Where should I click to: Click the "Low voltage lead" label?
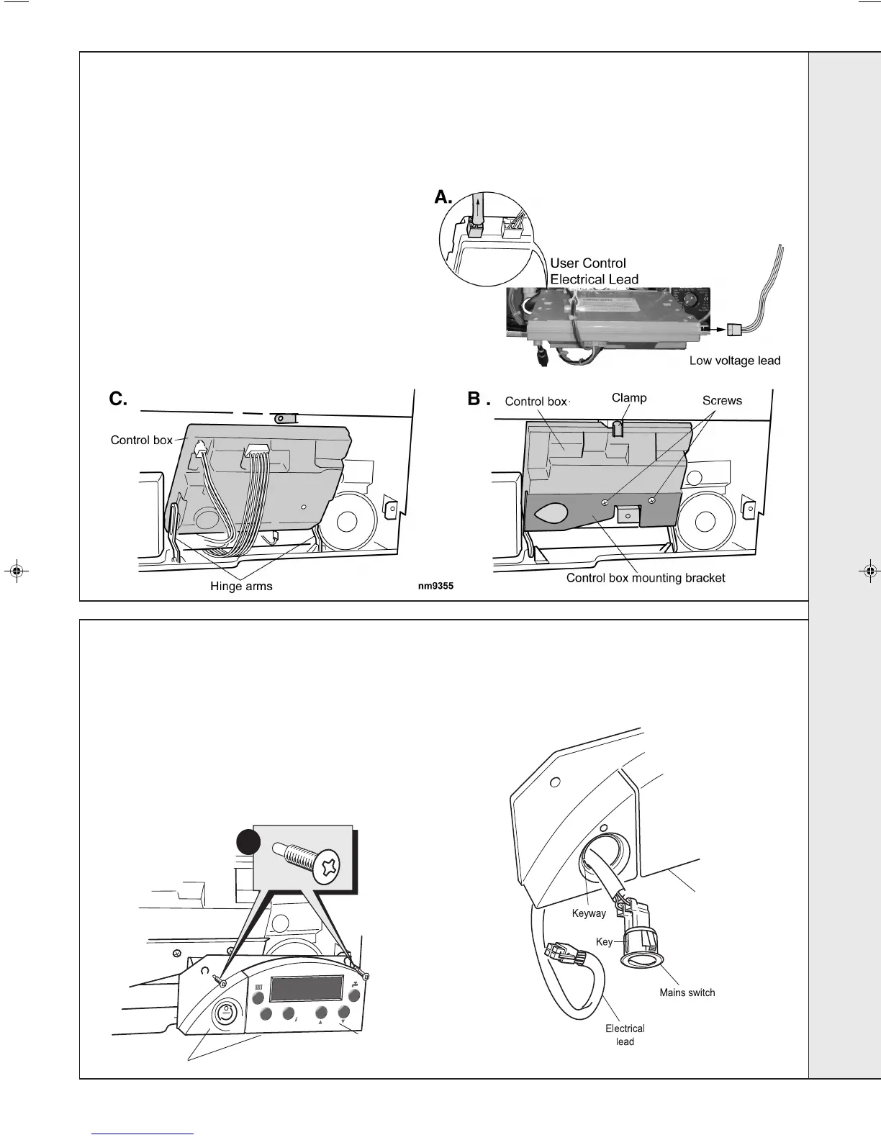click(x=734, y=361)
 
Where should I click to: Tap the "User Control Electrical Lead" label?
click(x=594, y=271)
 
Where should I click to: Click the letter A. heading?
click(x=444, y=196)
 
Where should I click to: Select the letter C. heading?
click(x=118, y=399)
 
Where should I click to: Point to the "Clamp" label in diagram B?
click(x=629, y=398)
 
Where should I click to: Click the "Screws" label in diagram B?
click(x=721, y=401)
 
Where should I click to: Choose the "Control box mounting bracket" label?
click(x=646, y=578)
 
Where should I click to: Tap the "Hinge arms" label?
click(x=241, y=586)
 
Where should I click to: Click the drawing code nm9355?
click(x=435, y=587)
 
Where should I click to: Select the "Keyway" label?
click(x=589, y=913)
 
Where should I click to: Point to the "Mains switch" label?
click(x=687, y=992)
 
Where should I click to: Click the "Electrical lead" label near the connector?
click(x=625, y=1035)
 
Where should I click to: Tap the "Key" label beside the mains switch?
click(x=604, y=941)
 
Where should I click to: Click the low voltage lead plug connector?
click(x=734, y=330)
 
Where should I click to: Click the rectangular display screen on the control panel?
click(x=306, y=989)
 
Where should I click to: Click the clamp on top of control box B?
click(x=618, y=429)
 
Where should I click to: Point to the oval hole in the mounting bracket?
click(x=551, y=513)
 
